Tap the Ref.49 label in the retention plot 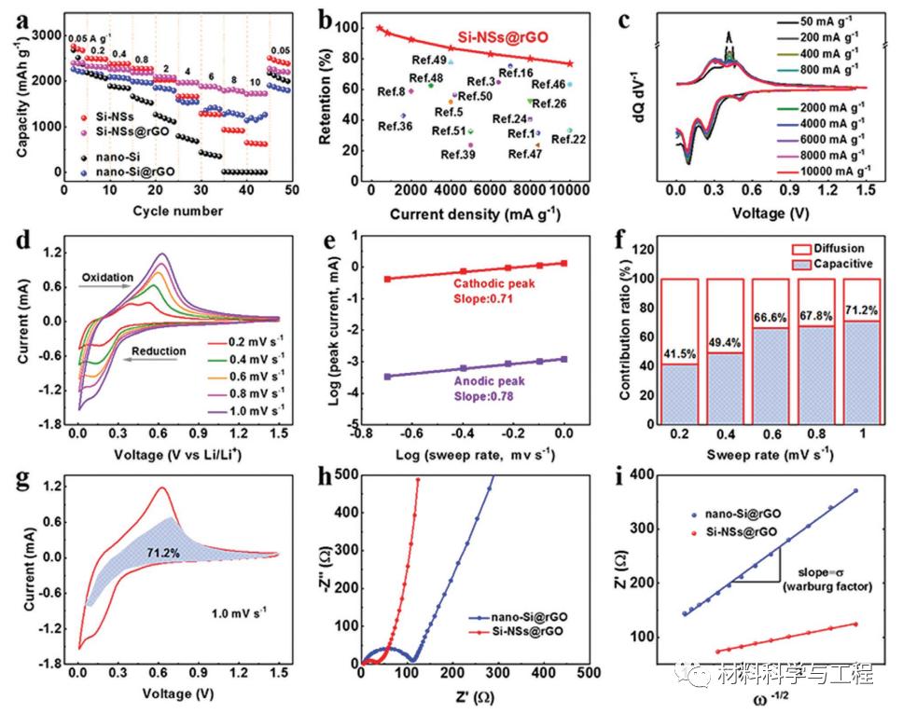[x=434, y=61]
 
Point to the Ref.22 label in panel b [x=568, y=139]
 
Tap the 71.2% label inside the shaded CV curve [x=161, y=552]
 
